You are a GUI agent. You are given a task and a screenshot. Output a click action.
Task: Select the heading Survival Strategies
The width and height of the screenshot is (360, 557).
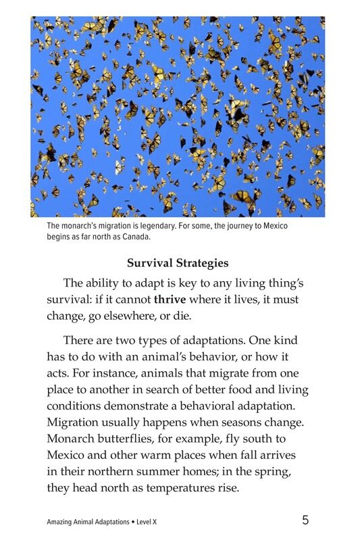coord(178,263)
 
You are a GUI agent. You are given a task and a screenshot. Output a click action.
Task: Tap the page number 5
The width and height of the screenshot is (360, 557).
coord(305,520)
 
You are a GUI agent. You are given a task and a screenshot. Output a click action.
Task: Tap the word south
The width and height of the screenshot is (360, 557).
coord(272,438)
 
